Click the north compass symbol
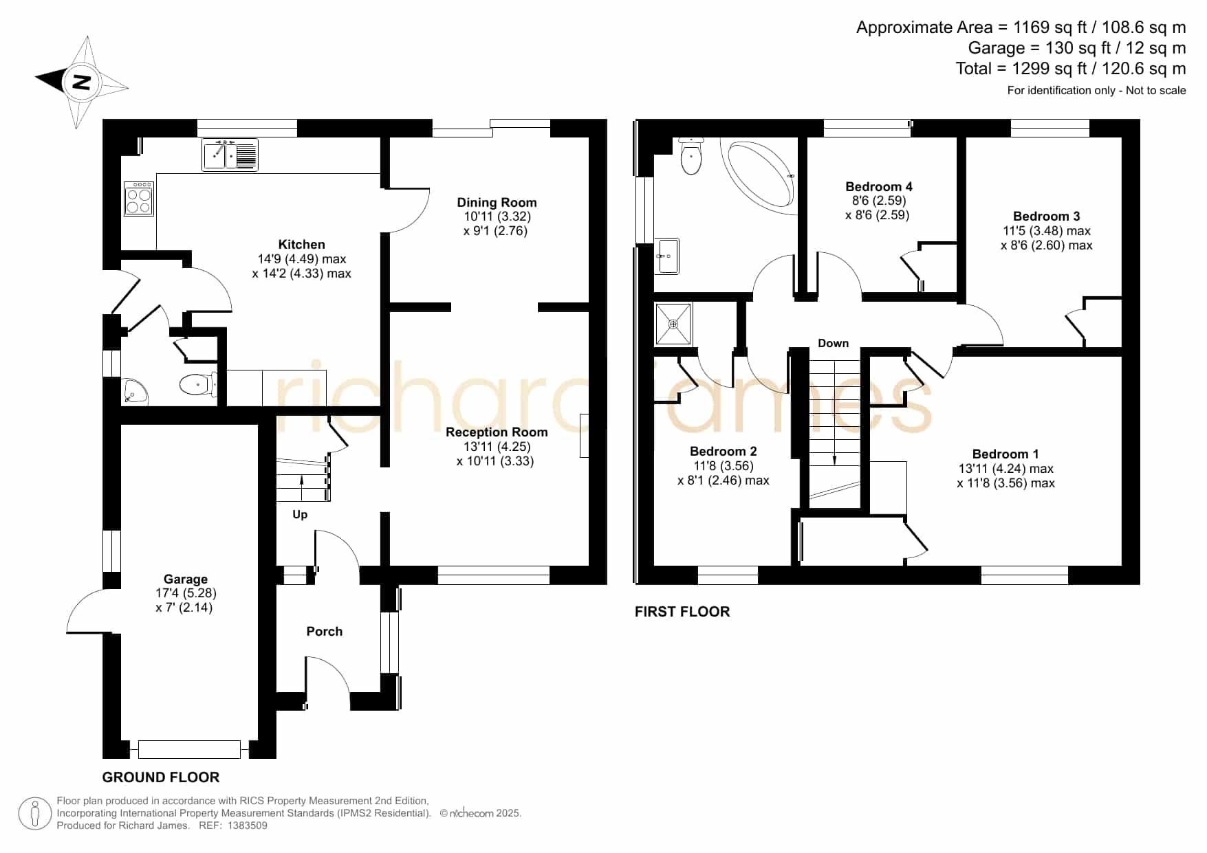coord(82,82)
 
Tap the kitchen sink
coord(230,155)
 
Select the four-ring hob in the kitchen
coord(139,198)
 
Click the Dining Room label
coord(497,202)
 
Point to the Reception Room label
coord(497,432)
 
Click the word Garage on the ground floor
coord(186,579)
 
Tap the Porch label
coord(325,631)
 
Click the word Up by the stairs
coord(300,514)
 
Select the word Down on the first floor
coord(833,343)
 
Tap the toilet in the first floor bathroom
coord(691,155)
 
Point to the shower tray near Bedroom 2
coord(673,324)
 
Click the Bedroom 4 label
coord(879,186)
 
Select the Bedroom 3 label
coord(1046,216)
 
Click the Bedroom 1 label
coord(1005,454)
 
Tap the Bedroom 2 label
coord(724,451)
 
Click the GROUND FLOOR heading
coord(161,777)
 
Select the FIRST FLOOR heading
coord(682,612)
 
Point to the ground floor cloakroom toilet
coord(197,385)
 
